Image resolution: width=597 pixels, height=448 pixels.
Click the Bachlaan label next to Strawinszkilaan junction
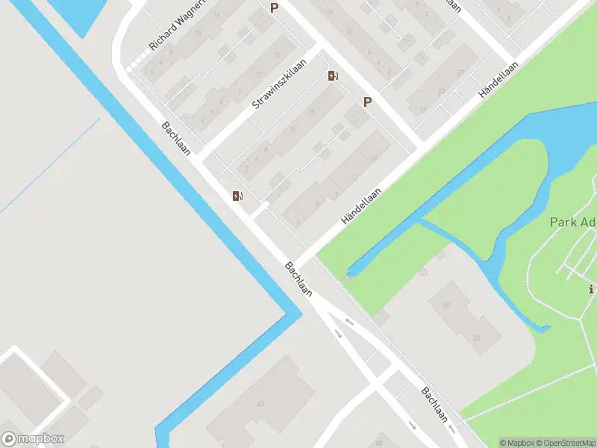point(176,139)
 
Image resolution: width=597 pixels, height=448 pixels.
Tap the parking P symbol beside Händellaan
point(367,102)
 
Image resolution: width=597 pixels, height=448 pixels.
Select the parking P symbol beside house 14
point(275,8)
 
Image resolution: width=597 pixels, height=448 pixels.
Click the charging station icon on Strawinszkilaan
point(333,75)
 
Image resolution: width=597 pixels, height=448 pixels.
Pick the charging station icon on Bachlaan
point(237,196)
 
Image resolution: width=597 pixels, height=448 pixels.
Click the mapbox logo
point(33,439)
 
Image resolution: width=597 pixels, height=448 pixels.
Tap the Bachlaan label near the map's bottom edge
point(434,404)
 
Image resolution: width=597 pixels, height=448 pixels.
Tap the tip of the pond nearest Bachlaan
point(349,271)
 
